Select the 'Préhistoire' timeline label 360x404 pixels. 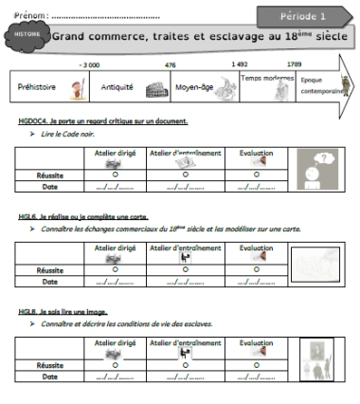pos(36,86)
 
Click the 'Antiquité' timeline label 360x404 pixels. pos(117,86)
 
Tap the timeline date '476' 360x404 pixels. pos(171,64)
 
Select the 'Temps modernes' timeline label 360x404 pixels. pos(263,79)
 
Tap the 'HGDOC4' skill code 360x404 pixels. pos(33,121)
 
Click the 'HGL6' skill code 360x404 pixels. pos(27,215)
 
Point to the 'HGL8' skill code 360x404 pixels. pos(27,311)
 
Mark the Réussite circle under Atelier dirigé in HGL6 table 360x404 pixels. pos(115,269)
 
